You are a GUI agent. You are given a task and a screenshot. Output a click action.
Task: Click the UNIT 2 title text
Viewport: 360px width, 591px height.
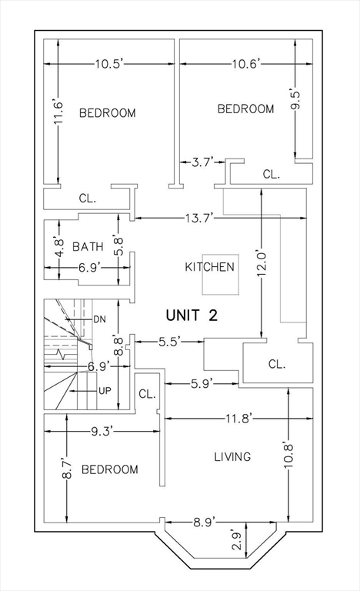(x=192, y=315)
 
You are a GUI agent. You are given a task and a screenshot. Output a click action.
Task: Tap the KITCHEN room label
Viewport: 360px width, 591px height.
(x=209, y=267)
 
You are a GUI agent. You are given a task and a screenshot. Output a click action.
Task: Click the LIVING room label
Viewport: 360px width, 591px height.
(x=232, y=457)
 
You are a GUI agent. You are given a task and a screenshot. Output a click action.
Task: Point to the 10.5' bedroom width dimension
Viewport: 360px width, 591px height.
(x=109, y=64)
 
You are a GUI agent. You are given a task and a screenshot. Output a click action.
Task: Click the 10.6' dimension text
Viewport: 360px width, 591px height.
(x=246, y=64)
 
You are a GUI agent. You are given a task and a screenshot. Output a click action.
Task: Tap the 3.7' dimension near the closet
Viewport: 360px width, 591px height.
(x=203, y=162)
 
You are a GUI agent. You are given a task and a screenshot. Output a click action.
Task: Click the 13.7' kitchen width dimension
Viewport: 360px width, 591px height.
(x=200, y=218)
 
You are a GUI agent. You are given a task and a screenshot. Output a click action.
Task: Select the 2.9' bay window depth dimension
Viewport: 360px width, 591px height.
(x=237, y=540)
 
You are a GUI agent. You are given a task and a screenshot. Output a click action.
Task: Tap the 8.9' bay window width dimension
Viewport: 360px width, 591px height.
(x=205, y=522)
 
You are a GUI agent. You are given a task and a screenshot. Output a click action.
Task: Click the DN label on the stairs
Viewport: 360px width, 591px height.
(x=99, y=319)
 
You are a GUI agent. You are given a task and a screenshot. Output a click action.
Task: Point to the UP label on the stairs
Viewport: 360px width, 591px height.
(x=105, y=391)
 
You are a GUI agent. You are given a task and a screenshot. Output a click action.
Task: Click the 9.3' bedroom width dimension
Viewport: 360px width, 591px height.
(x=102, y=431)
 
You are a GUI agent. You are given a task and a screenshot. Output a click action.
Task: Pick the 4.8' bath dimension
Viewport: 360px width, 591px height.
(x=59, y=245)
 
